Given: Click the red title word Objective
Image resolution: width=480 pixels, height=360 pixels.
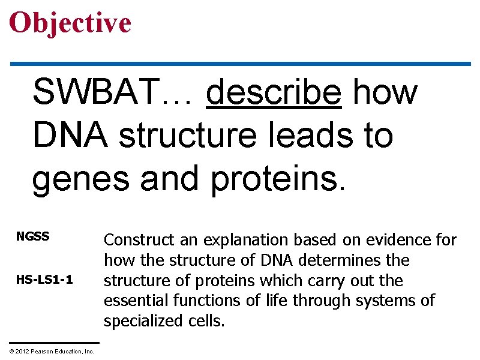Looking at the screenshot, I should [70, 23].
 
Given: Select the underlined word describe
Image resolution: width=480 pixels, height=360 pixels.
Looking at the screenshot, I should [274, 94].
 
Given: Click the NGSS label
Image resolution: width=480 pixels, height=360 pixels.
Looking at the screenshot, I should [32, 237].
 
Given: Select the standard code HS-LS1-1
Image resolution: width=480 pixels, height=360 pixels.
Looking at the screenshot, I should [45, 280].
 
